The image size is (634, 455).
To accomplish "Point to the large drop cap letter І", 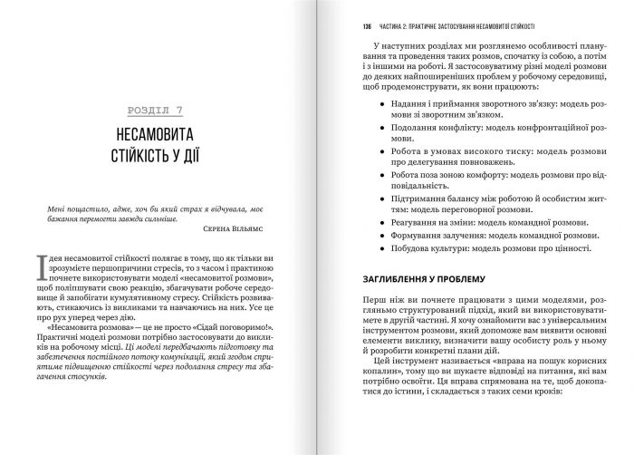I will coord(42,264).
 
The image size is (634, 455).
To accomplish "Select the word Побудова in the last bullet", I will coord(405,247).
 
